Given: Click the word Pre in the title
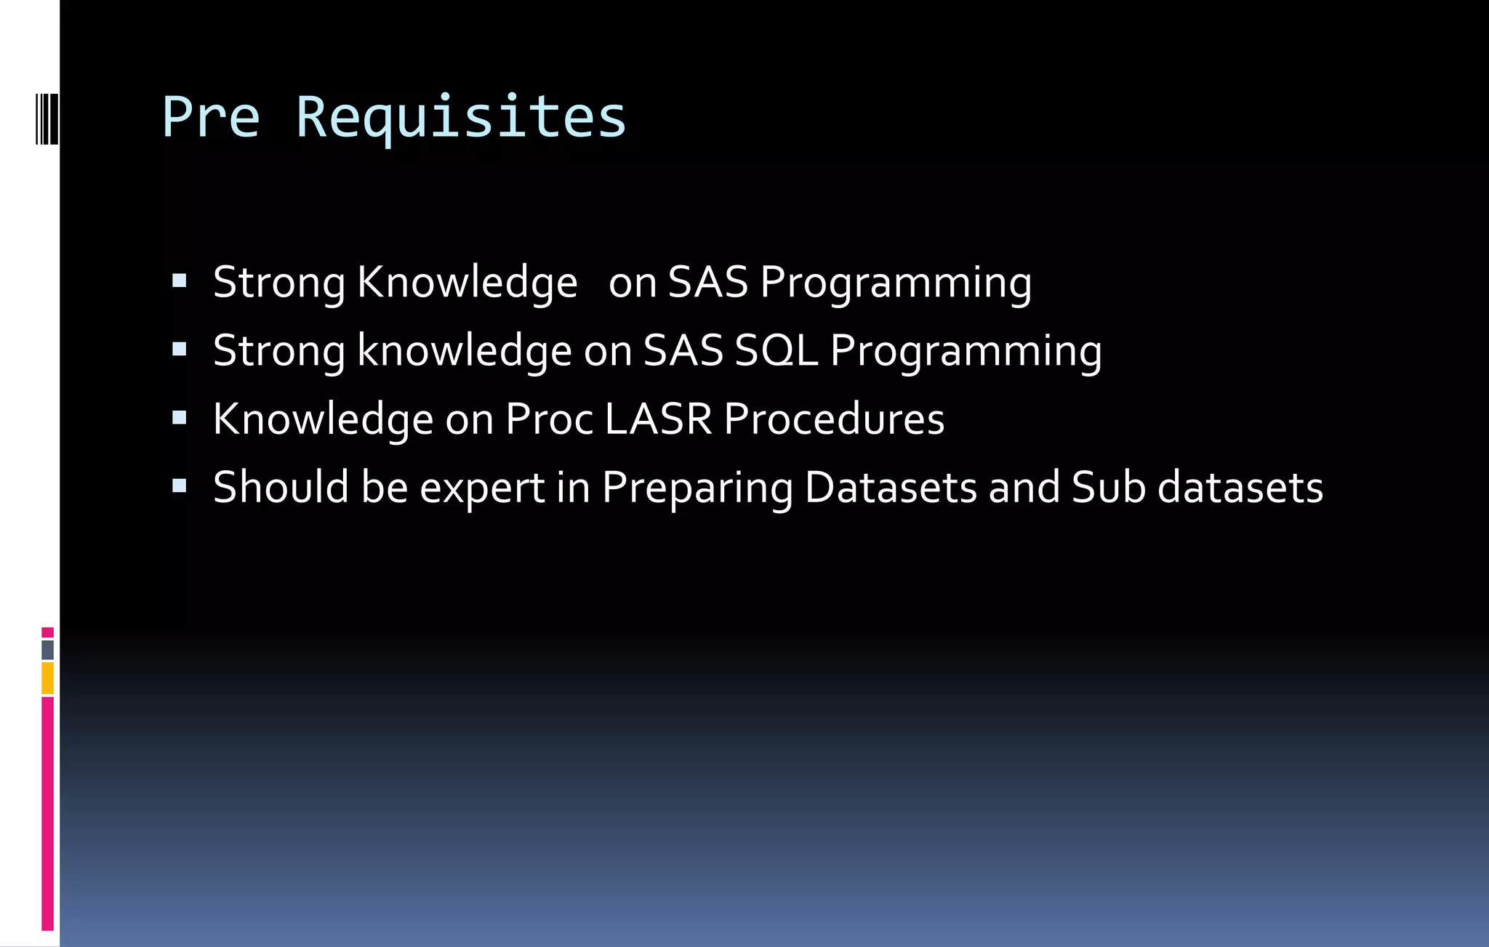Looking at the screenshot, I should pyautogui.click(x=211, y=117).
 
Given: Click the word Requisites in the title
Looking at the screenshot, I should pyautogui.click(x=461, y=118).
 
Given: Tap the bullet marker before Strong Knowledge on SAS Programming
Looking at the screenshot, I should pyautogui.click(x=180, y=281).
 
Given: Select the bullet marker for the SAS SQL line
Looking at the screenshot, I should pyautogui.click(x=180, y=350).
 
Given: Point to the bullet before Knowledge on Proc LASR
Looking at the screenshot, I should pyautogui.click(x=180, y=418).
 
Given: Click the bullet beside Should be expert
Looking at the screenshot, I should pyautogui.click(x=180, y=486).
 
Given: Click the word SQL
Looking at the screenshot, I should pyautogui.click(x=776, y=351).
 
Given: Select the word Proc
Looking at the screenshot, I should pyautogui.click(x=549, y=419).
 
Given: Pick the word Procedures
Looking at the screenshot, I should pyautogui.click(x=834, y=419).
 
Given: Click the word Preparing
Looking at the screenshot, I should pyautogui.click(x=697, y=488).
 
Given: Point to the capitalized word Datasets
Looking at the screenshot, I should pyautogui.click(x=891, y=488).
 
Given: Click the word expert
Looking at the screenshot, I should pyautogui.click(x=482, y=488).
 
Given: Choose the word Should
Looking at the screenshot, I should pyautogui.click(x=281, y=488).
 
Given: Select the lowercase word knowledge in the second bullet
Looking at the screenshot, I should pyautogui.click(x=465, y=351).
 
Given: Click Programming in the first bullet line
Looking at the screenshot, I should pyautogui.click(x=896, y=283).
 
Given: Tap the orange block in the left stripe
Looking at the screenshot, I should pyautogui.click(x=47, y=678).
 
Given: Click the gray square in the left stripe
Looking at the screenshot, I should pyautogui.click(x=47, y=650).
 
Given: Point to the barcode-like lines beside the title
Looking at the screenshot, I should pyautogui.click(x=47, y=118).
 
